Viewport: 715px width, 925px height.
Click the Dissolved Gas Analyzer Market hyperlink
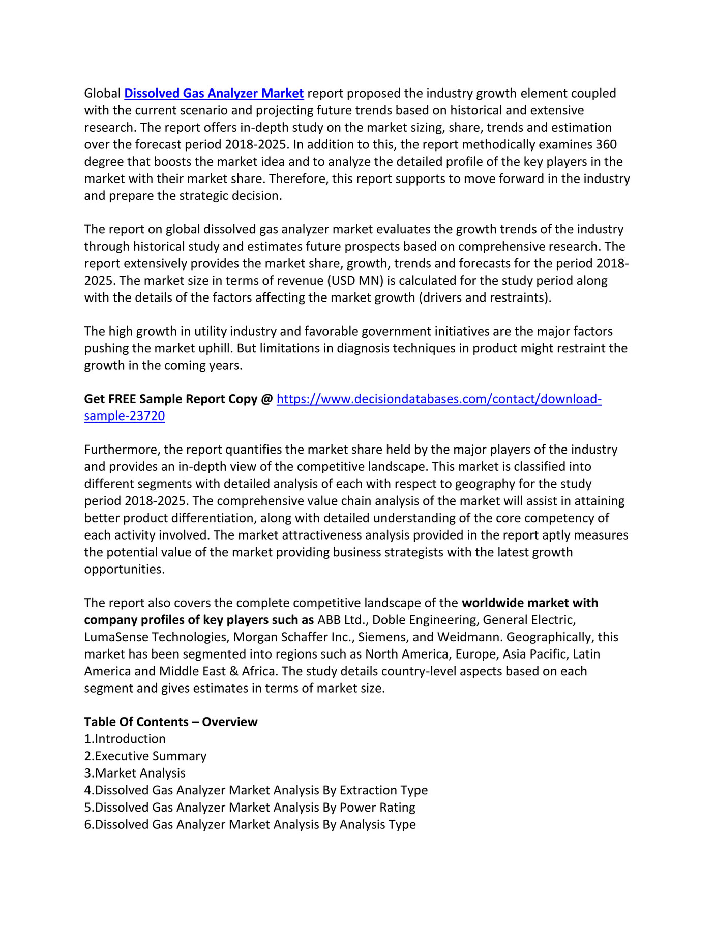click(214, 94)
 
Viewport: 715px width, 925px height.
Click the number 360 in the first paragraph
click(606, 145)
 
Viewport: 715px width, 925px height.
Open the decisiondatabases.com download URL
click(438, 399)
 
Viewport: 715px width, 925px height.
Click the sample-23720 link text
click(124, 416)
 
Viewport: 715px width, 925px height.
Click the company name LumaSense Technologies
click(156, 637)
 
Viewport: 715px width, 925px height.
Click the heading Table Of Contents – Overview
click(170, 722)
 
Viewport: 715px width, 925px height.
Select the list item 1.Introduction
click(125, 739)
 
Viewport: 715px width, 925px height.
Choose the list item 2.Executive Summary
click(145, 756)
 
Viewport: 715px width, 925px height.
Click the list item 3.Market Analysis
click(135, 773)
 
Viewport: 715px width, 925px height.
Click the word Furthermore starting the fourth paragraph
click(122, 450)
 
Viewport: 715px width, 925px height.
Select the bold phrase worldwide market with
click(530, 603)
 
